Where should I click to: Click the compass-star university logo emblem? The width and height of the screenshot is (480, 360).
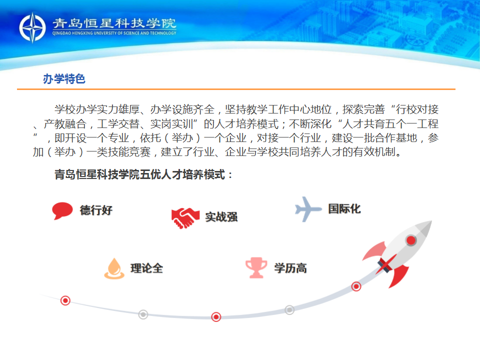point(32,27)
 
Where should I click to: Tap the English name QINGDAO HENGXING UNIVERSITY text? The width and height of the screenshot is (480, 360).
point(114,33)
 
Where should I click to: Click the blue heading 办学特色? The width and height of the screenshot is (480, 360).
point(64,79)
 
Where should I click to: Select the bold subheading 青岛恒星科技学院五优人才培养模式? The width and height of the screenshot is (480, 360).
point(140,174)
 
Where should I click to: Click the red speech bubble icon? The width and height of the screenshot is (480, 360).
point(62,210)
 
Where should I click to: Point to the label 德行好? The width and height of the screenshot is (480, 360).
point(96,210)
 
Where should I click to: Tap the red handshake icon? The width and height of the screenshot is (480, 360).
point(185,217)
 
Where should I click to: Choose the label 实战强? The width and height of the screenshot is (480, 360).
point(221,216)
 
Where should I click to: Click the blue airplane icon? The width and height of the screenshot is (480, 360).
point(308,209)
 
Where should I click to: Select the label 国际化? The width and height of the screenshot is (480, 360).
point(344,209)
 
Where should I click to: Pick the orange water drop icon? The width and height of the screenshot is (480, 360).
point(114,268)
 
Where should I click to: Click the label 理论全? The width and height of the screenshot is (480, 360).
point(146,268)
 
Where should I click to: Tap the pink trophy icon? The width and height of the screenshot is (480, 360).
point(256,267)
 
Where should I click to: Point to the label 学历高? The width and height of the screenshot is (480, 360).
point(290,268)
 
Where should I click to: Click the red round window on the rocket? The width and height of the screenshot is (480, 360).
point(411,240)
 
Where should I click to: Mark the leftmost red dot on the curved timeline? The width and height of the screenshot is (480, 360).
point(65,300)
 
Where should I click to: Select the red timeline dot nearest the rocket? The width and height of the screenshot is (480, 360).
point(356,286)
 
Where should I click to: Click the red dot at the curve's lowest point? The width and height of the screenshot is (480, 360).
point(216,317)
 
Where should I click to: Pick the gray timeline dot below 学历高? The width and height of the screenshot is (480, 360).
point(289,310)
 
